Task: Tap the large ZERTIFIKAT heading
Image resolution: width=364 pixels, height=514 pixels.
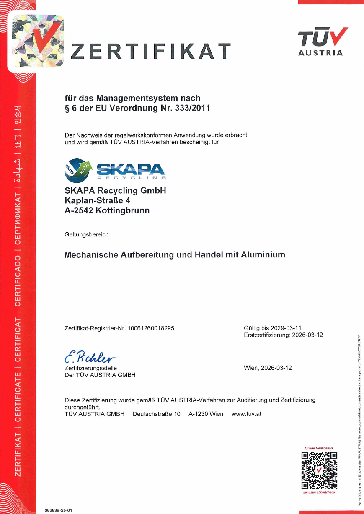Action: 151,51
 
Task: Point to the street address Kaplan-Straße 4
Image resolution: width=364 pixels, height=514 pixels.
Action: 97,200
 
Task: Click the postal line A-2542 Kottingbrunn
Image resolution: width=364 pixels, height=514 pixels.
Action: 107,210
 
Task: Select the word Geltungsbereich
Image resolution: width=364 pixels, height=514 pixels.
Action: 87,234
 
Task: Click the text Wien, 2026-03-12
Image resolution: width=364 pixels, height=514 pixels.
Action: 268,368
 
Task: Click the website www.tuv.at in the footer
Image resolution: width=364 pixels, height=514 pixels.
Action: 246,414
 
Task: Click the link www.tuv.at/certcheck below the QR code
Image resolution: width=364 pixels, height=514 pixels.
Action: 319,492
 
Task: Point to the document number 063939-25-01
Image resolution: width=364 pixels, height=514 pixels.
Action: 59,510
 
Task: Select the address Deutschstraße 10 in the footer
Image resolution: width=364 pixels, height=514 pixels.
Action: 157,414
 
